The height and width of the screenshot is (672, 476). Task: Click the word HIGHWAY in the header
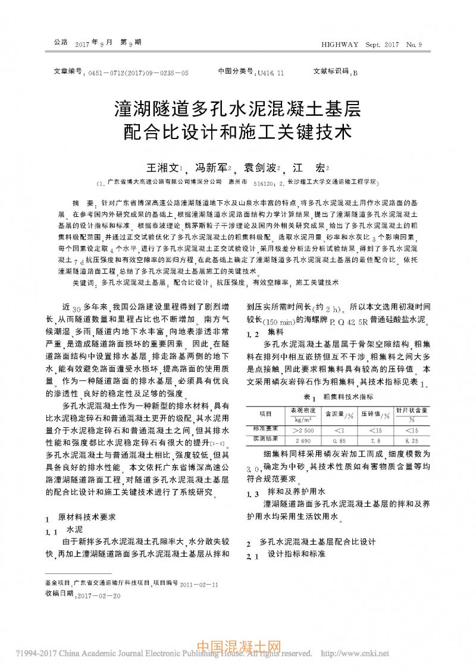coord(340,45)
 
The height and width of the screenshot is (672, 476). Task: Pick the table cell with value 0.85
coord(339,440)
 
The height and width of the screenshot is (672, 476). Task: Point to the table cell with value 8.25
coord(411,440)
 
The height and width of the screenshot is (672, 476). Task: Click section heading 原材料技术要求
coord(90,518)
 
